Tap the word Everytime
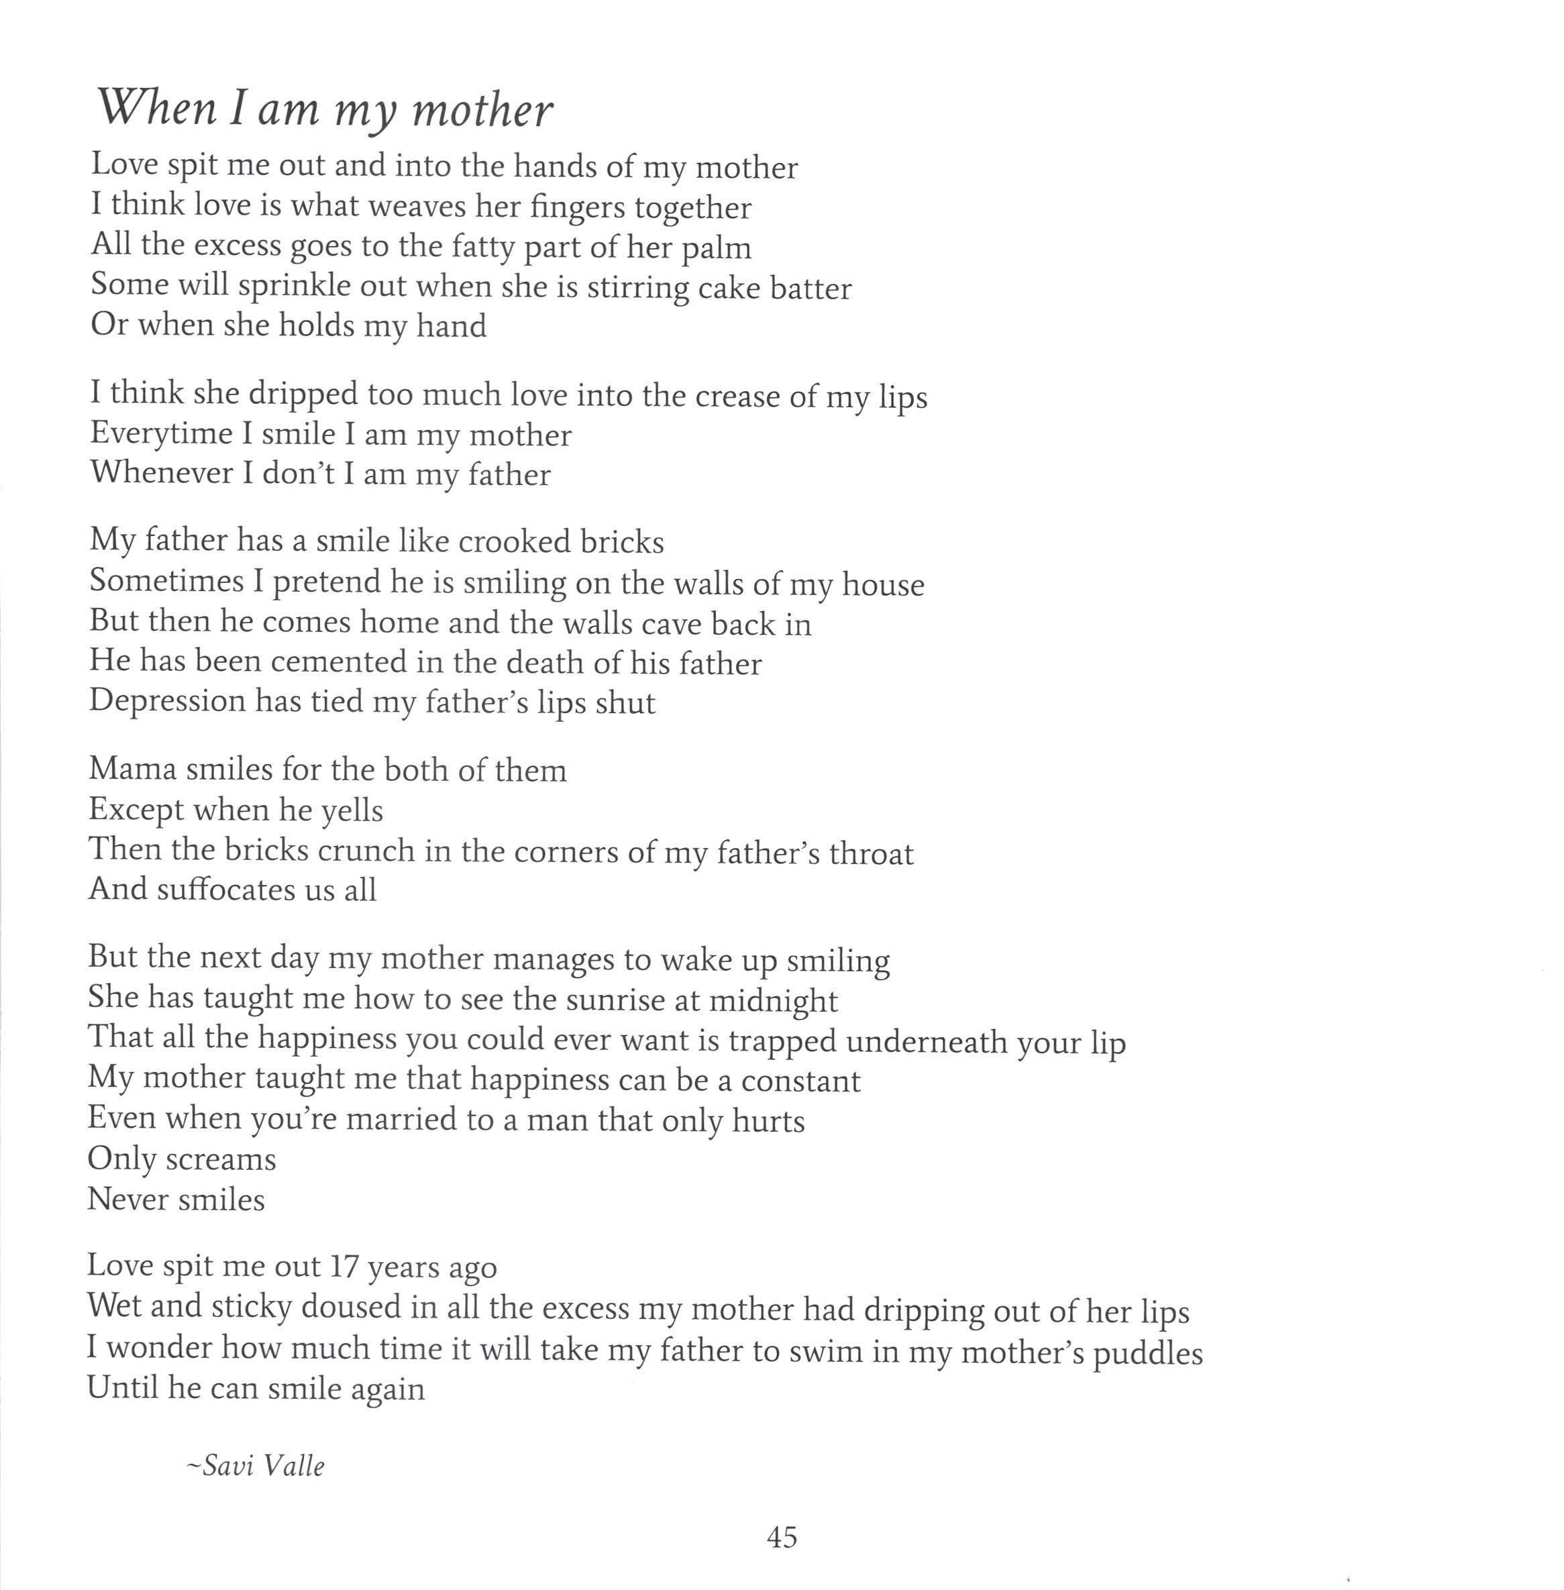coord(161,433)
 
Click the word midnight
coord(773,1000)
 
